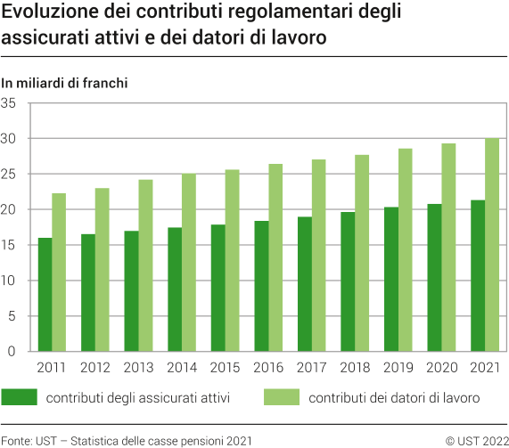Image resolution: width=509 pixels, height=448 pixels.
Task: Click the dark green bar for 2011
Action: pyautogui.click(x=45, y=295)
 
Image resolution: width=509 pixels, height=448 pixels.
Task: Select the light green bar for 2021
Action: pyautogui.click(x=491, y=245)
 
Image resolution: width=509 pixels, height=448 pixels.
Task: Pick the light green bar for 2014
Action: pyautogui.click(x=189, y=263)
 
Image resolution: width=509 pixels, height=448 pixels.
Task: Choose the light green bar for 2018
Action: pyautogui.click(x=362, y=253)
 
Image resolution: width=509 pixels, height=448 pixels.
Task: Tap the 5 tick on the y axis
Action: pyautogui.click(x=12, y=316)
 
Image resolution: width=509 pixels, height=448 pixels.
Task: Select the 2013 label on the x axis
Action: pyautogui.click(x=138, y=367)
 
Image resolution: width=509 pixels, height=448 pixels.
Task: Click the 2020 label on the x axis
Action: pyautogui.click(x=441, y=367)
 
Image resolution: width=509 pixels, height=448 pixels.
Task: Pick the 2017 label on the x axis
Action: pyautogui.click(x=311, y=367)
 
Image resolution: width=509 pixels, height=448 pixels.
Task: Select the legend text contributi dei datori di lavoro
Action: pyautogui.click(x=394, y=398)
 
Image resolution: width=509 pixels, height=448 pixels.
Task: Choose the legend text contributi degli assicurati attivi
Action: pyautogui.click(x=138, y=398)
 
